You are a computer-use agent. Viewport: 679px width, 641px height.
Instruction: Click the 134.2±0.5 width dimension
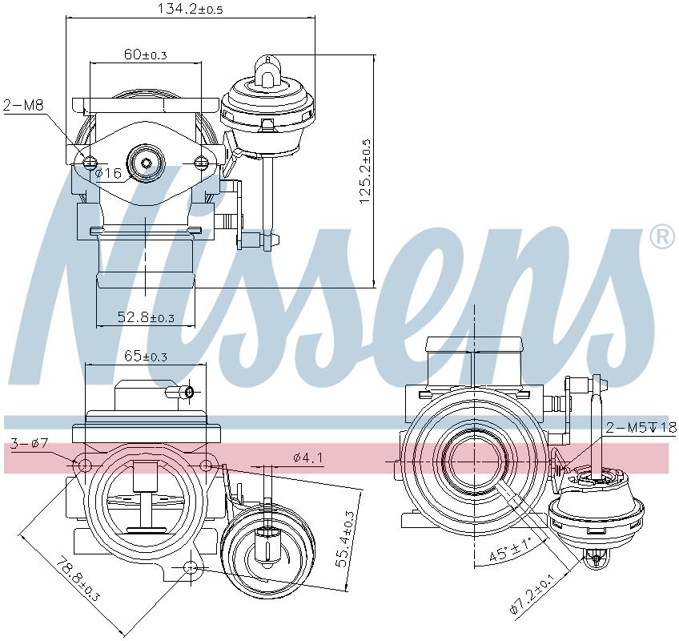point(189,9)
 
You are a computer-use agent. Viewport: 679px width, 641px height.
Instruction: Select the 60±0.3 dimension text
point(145,54)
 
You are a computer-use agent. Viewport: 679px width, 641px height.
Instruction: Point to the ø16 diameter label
point(108,173)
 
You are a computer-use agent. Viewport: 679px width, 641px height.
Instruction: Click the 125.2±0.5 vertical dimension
point(365,172)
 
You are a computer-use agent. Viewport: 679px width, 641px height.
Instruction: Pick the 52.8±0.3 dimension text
point(146,317)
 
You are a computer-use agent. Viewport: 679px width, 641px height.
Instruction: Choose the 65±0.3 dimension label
point(145,356)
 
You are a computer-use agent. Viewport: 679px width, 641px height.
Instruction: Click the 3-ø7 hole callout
point(30,443)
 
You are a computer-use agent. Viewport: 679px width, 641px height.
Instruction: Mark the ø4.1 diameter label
point(307,458)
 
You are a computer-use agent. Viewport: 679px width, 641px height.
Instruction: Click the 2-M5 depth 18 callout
point(641,427)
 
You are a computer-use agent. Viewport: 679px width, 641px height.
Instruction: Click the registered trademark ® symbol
point(661,236)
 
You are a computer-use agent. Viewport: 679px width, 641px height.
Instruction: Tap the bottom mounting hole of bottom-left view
point(191,568)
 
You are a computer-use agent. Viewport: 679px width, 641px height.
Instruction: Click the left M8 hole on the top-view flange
point(89,163)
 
